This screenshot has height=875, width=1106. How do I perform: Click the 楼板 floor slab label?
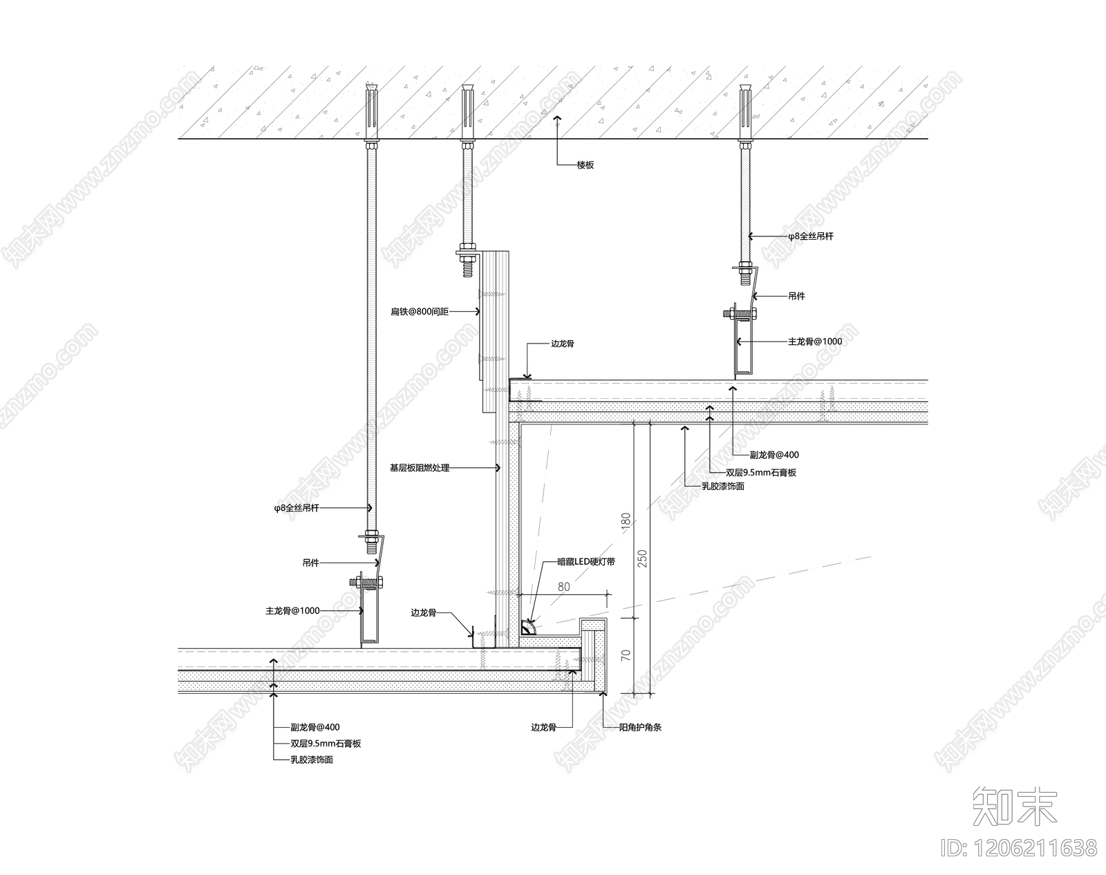pyautogui.click(x=585, y=165)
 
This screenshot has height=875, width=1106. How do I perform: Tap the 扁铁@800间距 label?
pyautogui.click(x=420, y=312)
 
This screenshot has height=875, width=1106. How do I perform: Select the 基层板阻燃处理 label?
pyautogui.click(x=420, y=468)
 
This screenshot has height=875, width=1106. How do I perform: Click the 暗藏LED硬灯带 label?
pyautogui.click(x=586, y=562)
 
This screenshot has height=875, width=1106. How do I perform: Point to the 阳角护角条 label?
pyautogui.click(x=640, y=727)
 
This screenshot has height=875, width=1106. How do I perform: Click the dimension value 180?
pyautogui.click(x=626, y=520)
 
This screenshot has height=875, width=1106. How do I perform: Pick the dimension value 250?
pyautogui.click(x=643, y=558)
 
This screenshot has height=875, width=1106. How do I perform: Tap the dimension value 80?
pyautogui.click(x=564, y=587)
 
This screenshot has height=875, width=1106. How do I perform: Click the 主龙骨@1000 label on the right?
pyautogui.click(x=815, y=341)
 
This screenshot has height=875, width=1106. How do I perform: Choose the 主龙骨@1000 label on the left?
pyautogui.click(x=292, y=611)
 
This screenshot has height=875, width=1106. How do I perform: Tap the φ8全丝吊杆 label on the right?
pyautogui.click(x=811, y=236)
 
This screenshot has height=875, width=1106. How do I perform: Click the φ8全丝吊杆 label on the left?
pyautogui.click(x=296, y=508)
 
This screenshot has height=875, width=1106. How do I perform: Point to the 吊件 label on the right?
pyautogui.click(x=796, y=296)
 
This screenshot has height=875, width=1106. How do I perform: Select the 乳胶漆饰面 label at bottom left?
pyautogui.click(x=312, y=760)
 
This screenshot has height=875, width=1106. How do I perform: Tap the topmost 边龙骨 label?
pyautogui.click(x=562, y=344)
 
